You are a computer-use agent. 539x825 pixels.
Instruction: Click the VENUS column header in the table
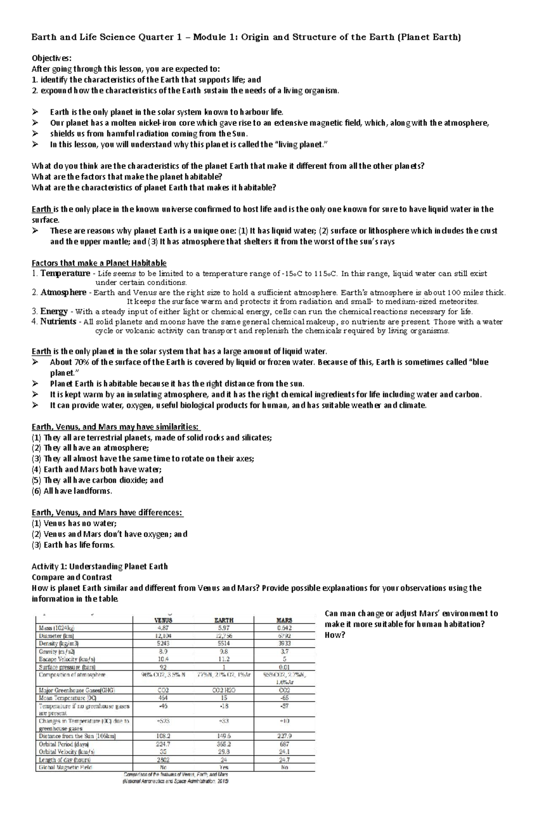click(x=163, y=620)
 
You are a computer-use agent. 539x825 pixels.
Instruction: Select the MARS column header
click(x=284, y=620)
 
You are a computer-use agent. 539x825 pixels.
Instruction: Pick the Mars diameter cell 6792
click(x=284, y=636)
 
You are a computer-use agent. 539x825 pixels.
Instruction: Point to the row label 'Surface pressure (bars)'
click(x=67, y=667)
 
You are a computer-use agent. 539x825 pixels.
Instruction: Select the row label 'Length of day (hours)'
click(x=65, y=760)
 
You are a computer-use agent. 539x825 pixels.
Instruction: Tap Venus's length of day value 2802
click(x=163, y=760)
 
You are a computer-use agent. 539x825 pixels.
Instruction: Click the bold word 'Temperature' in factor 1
click(x=65, y=273)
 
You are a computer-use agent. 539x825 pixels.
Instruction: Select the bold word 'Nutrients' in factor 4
click(x=58, y=321)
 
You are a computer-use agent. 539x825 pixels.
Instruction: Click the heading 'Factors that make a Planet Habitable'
click(x=99, y=263)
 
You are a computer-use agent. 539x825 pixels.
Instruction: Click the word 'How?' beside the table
click(x=334, y=635)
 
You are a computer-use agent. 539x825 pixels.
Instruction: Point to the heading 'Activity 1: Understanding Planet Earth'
click(x=99, y=566)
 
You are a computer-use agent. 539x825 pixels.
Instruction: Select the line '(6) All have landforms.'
click(x=72, y=491)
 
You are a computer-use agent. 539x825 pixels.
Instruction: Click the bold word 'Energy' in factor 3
click(x=54, y=311)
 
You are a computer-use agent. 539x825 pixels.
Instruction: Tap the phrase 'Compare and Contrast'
click(x=71, y=577)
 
